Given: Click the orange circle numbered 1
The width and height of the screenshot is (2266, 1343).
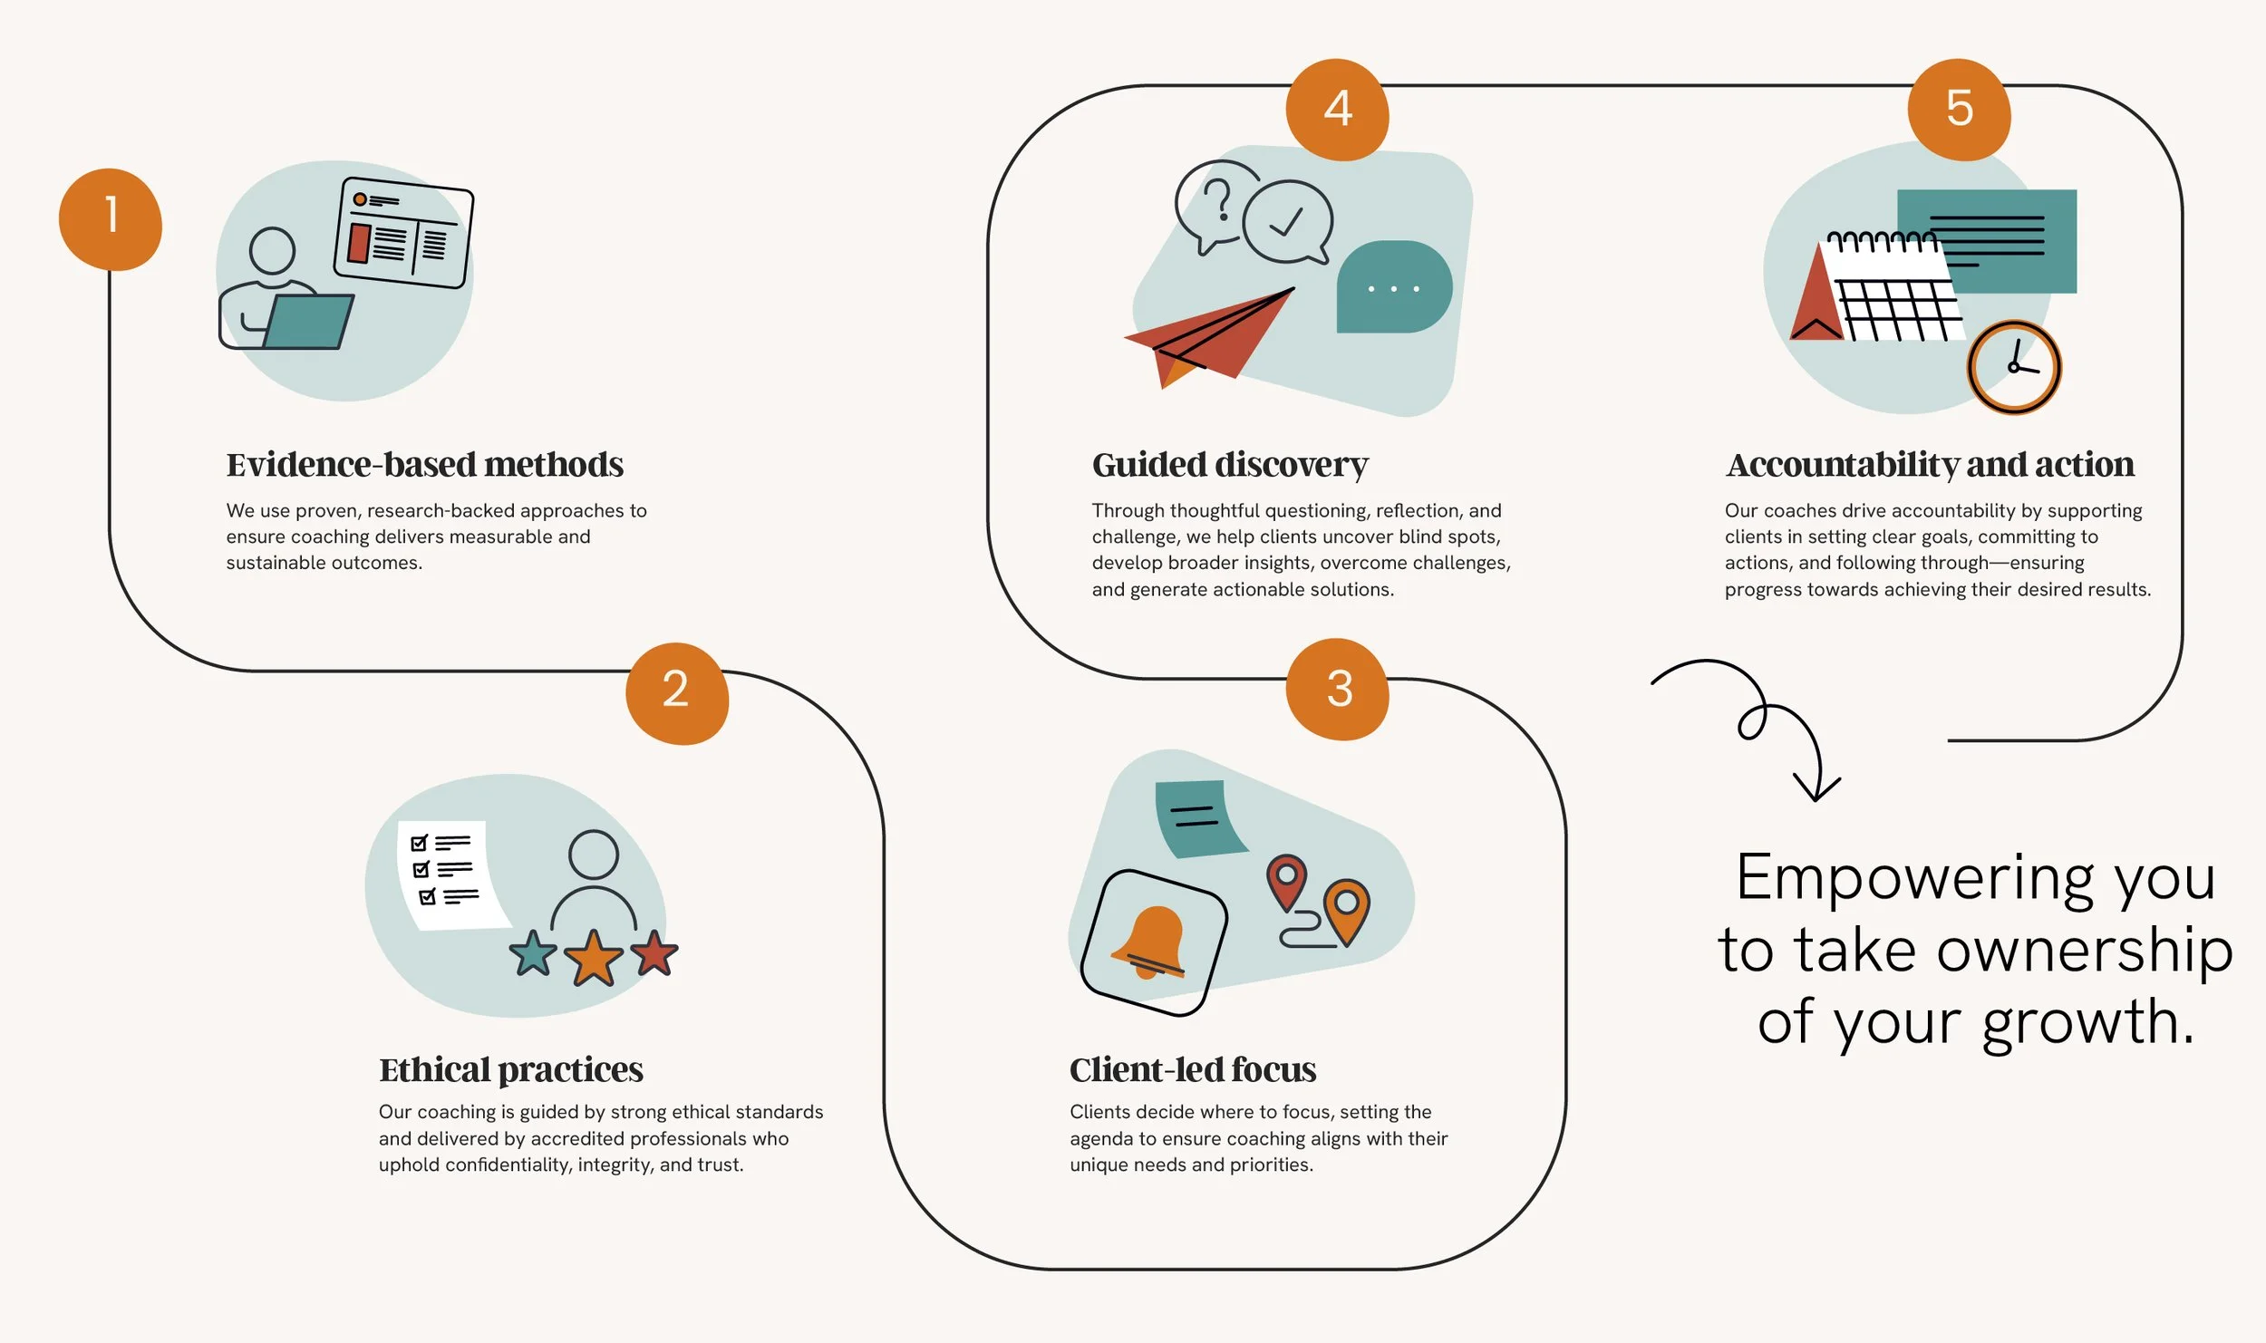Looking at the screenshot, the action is pyautogui.click(x=111, y=219).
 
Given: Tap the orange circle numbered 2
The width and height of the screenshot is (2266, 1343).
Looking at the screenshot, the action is pyautogui.click(x=677, y=693).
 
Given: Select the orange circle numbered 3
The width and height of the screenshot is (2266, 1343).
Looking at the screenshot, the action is pyautogui.click(x=1338, y=690).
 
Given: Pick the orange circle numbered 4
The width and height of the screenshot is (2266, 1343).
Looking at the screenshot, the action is pyautogui.click(x=1338, y=110).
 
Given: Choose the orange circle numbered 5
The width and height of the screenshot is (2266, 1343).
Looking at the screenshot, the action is pyautogui.click(x=1959, y=110).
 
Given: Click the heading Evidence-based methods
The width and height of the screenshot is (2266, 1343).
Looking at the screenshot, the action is pyautogui.click(x=424, y=465).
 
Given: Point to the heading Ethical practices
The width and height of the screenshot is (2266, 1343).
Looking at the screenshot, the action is pyautogui.click(x=511, y=1069).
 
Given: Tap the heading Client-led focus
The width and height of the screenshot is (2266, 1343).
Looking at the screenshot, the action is pyautogui.click(x=1193, y=1069).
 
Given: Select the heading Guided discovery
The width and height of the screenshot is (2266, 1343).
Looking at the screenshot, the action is pyautogui.click(x=1230, y=465).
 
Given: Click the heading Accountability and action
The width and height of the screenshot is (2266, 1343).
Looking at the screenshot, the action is pyautogui.click(x=1930, y=465).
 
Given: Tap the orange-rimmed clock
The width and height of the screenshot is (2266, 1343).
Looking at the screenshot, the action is pyautogui.click(x=2014, y=367).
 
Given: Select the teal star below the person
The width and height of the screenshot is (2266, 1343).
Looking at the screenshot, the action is pyautogui.click(x=533, y=954).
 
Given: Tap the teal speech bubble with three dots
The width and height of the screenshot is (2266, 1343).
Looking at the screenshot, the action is pyautogui.click(x=1393, y=287).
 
